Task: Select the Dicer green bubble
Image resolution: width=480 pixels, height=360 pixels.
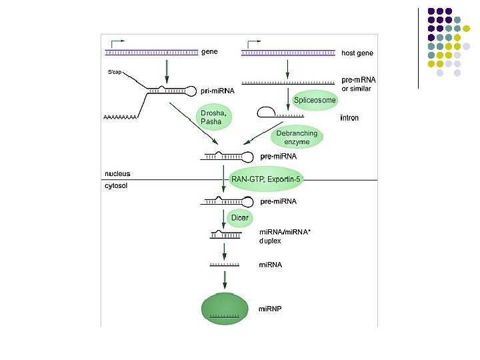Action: (239, 217)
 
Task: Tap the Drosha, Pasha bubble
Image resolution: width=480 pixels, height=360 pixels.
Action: (215, 117)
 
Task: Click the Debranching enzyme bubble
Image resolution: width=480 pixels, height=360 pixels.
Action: (297, 137)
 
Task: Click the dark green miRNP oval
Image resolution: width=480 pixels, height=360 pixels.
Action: (227, 309)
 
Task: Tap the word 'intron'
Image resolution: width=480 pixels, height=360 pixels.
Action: (349, 118)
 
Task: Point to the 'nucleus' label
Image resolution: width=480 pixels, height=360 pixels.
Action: (117, 174)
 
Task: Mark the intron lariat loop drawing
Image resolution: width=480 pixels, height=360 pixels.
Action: (267, 111)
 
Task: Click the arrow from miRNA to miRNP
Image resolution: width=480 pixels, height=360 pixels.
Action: (225, 279)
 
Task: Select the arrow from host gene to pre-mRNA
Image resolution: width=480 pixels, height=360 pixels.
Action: (287, 67)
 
